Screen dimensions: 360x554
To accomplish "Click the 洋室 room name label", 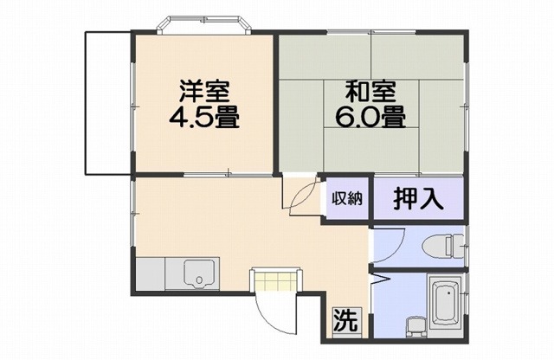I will (x=205, y=89).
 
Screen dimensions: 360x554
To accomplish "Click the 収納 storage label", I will (x=347, y=198).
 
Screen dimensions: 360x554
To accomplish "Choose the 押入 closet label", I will (x=419, y=199).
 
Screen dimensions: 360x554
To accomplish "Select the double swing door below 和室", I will (x=301, y=195).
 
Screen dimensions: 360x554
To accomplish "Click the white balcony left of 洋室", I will (x=106, y=101).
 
